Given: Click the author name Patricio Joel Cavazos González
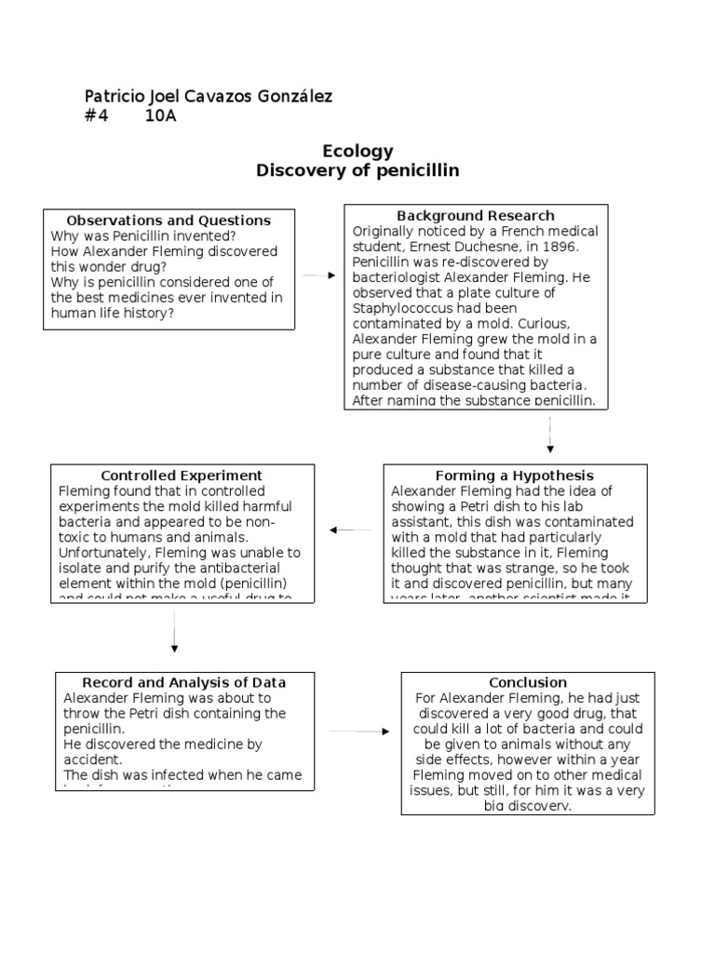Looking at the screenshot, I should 208,97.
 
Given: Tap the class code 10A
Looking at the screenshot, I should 161,116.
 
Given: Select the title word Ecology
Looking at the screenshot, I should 357,151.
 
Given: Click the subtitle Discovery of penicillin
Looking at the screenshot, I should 357,171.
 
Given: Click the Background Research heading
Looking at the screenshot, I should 476,216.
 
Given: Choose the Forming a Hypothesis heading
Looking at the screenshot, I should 514,476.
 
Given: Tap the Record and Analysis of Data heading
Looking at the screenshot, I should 183,682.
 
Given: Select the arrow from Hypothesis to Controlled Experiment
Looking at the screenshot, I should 351,530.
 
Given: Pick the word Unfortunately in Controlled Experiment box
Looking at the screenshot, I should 101,552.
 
